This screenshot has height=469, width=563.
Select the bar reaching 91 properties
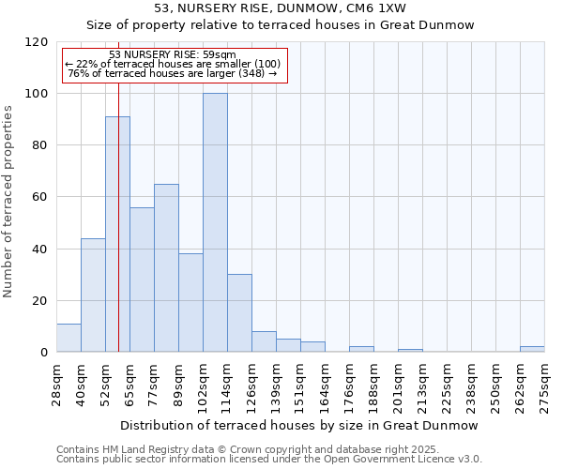(117, 234)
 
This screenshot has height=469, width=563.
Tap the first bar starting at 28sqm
(68, 338)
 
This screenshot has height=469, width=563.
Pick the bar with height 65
(166, 267)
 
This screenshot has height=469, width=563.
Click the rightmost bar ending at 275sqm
(532, 349)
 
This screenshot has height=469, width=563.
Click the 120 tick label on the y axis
(37, 42)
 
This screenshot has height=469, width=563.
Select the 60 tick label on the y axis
(40, 197)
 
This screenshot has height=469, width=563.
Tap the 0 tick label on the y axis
(44, 353)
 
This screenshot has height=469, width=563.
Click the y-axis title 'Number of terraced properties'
(9, 202)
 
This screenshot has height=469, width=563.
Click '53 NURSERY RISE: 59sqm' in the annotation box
(173, 55)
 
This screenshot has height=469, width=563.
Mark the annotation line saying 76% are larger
(173, 73)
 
